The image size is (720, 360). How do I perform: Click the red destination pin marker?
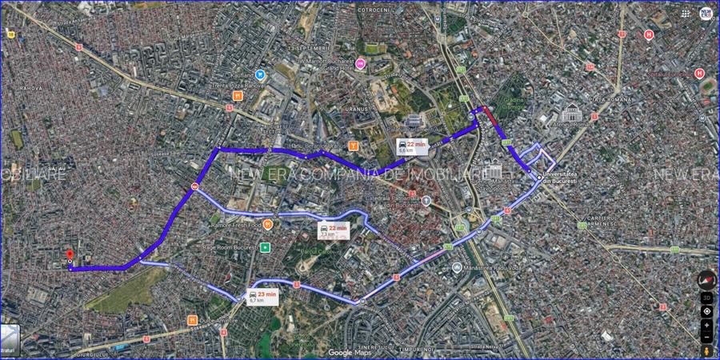(x=70, y=254)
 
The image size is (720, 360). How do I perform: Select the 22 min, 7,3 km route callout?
(x=333, y=230)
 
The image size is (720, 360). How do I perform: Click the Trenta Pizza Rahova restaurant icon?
(x=238, y=95)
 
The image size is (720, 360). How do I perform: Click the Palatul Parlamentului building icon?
(x=414, y=120)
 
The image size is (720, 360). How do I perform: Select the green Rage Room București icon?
(x=265, y=247)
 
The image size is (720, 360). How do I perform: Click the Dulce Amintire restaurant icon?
(x=192, y=320)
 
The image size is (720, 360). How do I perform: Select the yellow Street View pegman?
(x=706, y=351)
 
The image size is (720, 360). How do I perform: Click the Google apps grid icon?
(x=686, y=13)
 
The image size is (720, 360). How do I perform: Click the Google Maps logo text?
(x=351, y=353)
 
